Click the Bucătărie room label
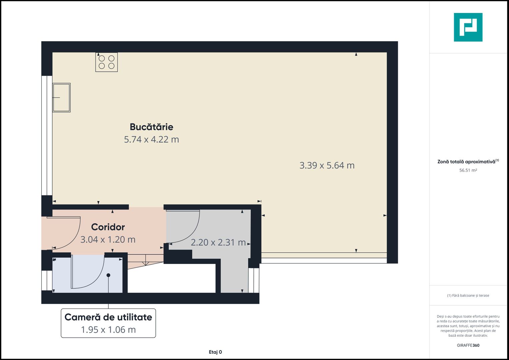[151, 127]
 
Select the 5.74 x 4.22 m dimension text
[151, 139]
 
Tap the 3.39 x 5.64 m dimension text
[327, 165]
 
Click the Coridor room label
[108, 227]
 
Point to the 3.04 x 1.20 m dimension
[108, 239]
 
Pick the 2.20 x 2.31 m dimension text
[218, 242]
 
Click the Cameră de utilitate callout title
[108, 317]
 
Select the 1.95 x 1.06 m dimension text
[108, 330]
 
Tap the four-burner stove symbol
[107, 62]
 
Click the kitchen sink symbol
[61, 97]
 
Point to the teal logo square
[468, 27]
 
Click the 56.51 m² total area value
[468, 170]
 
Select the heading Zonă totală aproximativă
[466, 162]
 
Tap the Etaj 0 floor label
[215, 352]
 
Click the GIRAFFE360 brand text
[468, 345]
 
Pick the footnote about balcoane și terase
[468, 295]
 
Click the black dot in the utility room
[108, 275]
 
